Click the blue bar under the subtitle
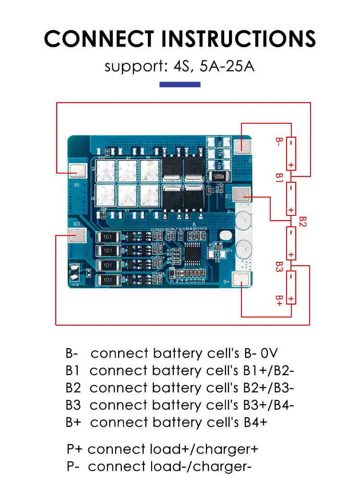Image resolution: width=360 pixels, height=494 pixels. [180, 84]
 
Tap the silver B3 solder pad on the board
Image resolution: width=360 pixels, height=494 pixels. [77, 235]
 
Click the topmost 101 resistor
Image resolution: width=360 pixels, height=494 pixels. [108, 237]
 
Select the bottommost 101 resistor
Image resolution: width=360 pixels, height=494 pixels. [108, 280]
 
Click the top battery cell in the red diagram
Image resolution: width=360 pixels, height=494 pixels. [291, 153]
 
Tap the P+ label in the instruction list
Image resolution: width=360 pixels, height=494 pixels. [75, 449]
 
